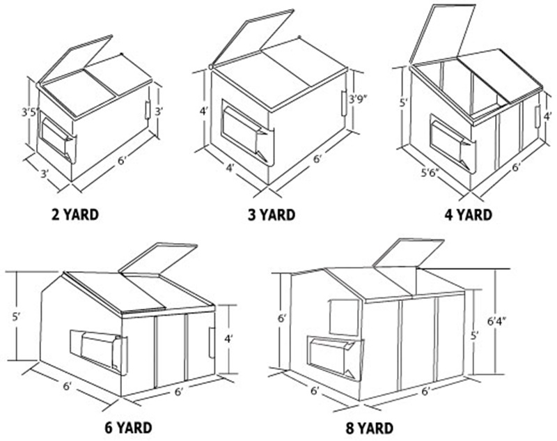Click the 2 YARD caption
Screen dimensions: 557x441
[75, 215]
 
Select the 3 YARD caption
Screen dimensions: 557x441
[272, 215]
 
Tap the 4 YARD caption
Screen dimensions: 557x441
[468, 215]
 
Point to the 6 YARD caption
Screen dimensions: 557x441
[128, 428]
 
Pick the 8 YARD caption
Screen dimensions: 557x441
[370, 428]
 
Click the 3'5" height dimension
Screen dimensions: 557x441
[29, 113]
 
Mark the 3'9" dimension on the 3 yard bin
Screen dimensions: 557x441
[357, 99]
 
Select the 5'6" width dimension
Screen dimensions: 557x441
[430, 173]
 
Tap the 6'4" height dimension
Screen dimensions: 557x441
[497, 321]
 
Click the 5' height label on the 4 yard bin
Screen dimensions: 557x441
[403, 103]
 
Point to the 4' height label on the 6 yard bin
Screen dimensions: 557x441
[228, 339]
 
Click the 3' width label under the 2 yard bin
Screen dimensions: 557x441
[45, 173]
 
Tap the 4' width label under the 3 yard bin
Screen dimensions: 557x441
[230, 167]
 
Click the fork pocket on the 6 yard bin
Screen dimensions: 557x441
[98, 351]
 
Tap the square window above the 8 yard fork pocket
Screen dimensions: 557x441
[344, 317]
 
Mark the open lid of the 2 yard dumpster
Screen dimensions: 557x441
[75, 59]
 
